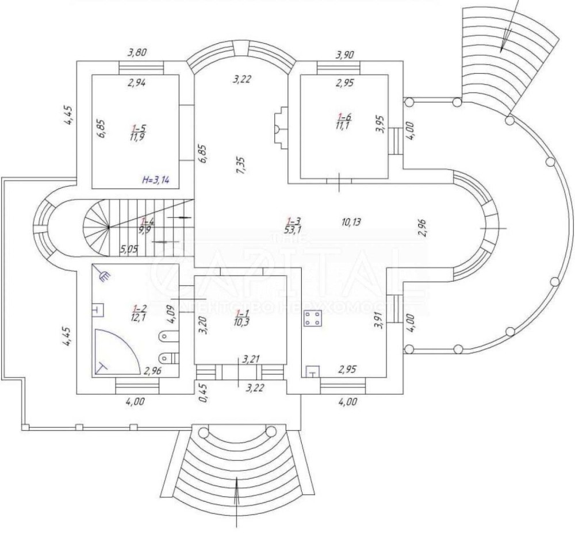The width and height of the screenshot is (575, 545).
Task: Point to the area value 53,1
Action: pos(293,230)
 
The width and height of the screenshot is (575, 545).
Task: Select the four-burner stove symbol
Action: pos(313,320)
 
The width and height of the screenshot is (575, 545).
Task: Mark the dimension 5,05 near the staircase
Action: pos(131,249)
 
